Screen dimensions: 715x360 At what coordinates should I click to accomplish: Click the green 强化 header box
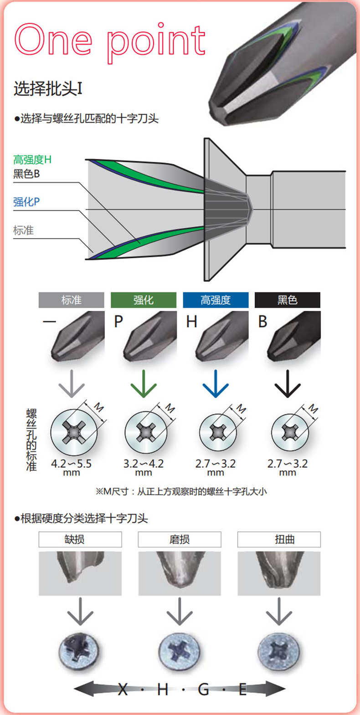tap(144, 300)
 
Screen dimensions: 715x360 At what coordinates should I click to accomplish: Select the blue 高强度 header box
tap(216, 300)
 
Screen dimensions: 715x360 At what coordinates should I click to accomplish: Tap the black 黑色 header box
tap(287, 300)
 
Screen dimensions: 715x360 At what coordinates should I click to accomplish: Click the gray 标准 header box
tap(72, 300)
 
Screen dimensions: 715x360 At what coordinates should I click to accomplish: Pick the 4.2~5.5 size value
tap(71, 464)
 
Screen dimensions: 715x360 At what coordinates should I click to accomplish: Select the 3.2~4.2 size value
tap(143, 464)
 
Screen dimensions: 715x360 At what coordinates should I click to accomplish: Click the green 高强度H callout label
tap(32, 159)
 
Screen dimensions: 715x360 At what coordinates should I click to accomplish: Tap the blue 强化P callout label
tap(26, 202)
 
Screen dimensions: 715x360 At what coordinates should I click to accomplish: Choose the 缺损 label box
tap(80, 540)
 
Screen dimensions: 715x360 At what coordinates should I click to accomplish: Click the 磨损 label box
tap(180, 540)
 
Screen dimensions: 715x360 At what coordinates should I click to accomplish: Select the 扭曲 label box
tap(279, 540)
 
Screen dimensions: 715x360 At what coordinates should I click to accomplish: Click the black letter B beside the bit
tap(262, 322)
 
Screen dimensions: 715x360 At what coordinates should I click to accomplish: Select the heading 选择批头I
tap(48, 88)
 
